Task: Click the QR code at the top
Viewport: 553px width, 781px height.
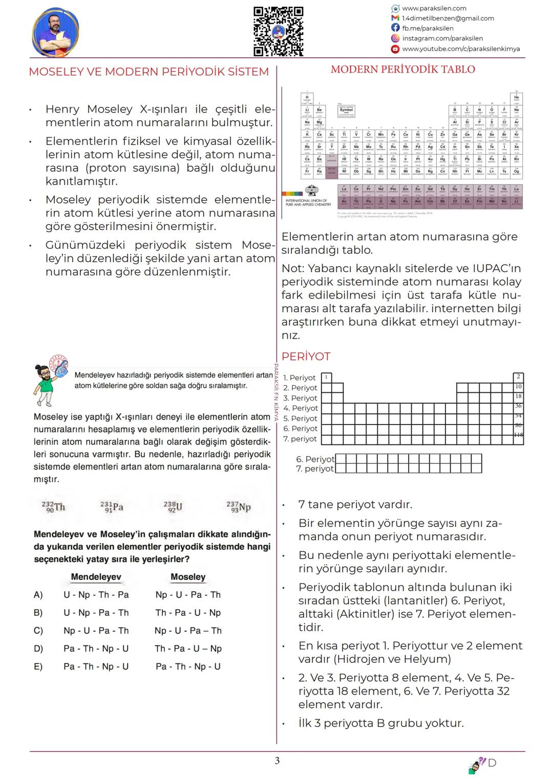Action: (279, 31)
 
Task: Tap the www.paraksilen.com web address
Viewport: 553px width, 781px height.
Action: (434, 8)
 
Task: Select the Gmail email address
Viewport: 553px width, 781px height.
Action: (448, 18)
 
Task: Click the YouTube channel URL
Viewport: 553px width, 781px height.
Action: (461, 49)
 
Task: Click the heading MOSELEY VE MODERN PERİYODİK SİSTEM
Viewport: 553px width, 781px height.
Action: (148, 72)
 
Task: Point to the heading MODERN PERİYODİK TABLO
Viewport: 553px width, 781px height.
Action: (403, 70)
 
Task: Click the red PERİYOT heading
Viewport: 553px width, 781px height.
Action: (306, 356)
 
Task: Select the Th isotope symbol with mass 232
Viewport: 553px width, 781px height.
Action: (54, 507)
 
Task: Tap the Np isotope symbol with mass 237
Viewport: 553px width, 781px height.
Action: (239, 507)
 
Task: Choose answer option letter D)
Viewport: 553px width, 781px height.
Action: (38, 649)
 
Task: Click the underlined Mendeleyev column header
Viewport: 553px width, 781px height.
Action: (96, 577)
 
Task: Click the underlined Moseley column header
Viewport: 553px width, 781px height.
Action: (188, 577)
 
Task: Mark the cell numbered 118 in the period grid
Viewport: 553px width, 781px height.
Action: (518, 435)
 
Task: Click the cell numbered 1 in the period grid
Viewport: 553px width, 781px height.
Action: (326, 377)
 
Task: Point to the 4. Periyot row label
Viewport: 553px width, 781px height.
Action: (301, 408)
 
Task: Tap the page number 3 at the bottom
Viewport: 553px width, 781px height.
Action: (277, 761)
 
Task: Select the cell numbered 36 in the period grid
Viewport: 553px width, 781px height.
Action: (518, 406)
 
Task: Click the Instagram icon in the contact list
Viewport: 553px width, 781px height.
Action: (395, 38)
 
